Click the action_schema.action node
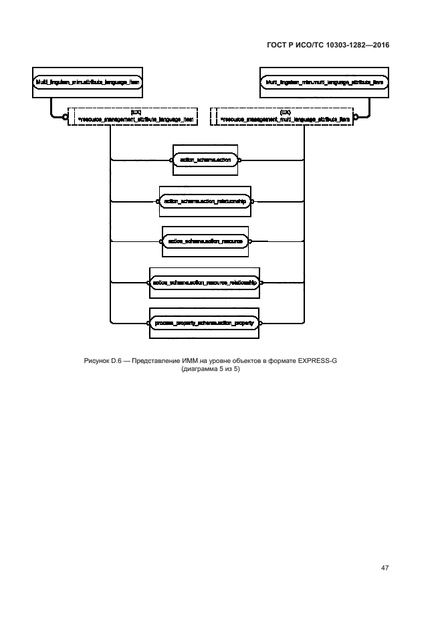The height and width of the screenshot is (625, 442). click(206, 160)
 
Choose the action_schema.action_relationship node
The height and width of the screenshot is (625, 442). click(206, 201)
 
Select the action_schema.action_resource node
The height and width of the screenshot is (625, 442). click(206, 240)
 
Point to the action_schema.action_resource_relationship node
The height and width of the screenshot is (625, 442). click(205, 283)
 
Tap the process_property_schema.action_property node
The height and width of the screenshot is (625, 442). click(205, 322)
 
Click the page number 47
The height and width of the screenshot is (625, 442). click(384, 568)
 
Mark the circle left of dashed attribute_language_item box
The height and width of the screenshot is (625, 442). click(65, 118)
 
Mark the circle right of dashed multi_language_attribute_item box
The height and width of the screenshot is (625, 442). click(356, 118)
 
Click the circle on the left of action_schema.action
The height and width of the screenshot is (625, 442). click(171, 160)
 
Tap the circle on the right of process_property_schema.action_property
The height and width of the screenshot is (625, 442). click(260, 322)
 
